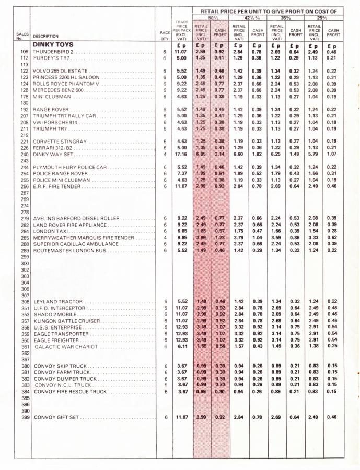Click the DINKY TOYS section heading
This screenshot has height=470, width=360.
pyautogui.click(x=53, y=45)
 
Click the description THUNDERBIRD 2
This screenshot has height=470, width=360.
pyautogui.click(x=54, y=52)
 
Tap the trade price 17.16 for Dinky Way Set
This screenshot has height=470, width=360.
pyautogui.click(x=181, y=155)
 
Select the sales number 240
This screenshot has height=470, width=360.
pyautogui.click(x=24, y=155)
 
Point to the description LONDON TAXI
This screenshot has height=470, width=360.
pyautogui.click(x=50, y=231)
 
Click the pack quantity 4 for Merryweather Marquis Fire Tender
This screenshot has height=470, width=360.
pyautogui.click(x=164, y=238)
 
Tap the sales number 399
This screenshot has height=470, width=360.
pyautogui.click(x=24, y=417)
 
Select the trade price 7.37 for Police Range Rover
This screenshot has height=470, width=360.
pyautogui.click(x=181, y=173)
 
